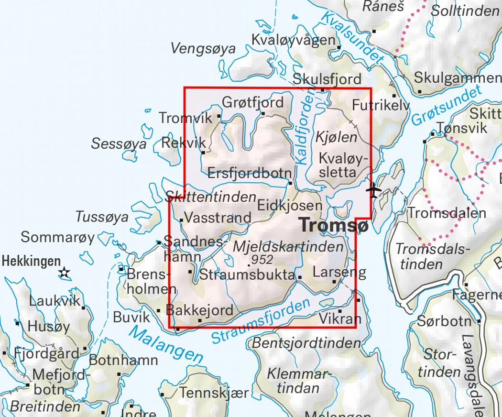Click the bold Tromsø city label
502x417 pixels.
(334, 224)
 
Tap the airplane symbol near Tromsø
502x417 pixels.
(373, 190)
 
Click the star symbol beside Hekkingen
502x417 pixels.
(64, 273)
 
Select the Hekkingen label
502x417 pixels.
(32, 261)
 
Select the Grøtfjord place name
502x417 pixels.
(253, 102)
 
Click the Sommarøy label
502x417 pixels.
(58, 237)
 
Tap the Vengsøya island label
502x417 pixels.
(204, 48)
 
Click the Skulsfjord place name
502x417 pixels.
(327, 78)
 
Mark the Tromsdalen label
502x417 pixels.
(447, 213)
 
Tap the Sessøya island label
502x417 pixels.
(120, 143)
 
